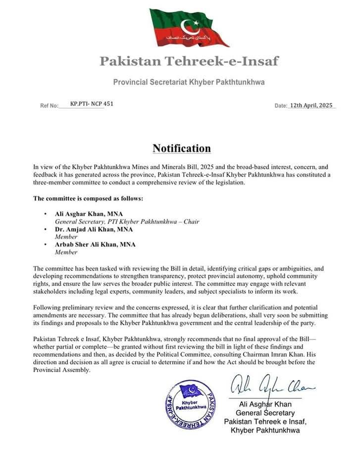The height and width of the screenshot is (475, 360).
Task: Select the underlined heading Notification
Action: click(182, 148)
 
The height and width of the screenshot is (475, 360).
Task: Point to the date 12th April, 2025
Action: click(311, 106)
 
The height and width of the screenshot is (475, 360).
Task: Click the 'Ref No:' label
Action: click(50, 106)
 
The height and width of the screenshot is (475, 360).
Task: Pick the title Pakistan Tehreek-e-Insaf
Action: click(189, 61)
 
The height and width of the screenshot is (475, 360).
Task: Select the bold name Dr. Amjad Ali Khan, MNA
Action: click(94, 230)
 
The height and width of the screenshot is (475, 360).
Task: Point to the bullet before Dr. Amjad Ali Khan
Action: click(45, 230)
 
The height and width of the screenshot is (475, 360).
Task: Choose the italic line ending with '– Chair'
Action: click(127, 222)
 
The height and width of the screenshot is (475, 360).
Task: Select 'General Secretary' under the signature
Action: click(265, 413)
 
